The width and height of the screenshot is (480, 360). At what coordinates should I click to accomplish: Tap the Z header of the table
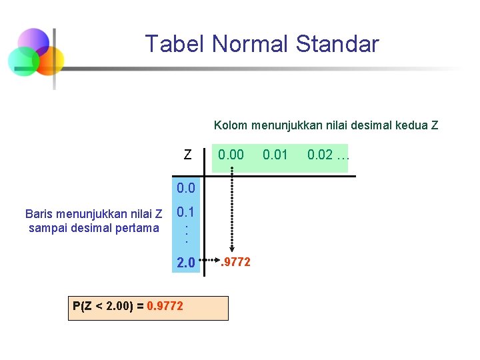tap(188, 155)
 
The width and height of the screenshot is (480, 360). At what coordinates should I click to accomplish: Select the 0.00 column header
tap(231, 155)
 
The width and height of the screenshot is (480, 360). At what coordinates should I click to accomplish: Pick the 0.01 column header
tap(275, 155)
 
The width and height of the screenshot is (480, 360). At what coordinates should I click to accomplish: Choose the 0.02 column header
tap(320, 155)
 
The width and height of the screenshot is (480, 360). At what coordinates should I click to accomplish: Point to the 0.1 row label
tap(186, 213)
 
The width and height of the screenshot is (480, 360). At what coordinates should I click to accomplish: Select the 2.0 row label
tap(186, 263)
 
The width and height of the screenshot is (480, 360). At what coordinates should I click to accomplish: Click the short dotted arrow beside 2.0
tap(210, 260)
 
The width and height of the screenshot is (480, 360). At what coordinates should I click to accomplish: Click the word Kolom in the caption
tap(229, 125)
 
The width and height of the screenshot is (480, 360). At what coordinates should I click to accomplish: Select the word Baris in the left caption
tap(38, 214)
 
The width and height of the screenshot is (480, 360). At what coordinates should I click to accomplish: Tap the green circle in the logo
tap(23, 62)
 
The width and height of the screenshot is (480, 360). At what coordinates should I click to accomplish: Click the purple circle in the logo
tap(33, 42)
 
